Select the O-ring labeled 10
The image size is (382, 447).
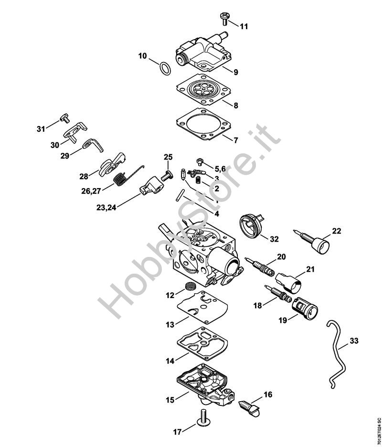[164, 68]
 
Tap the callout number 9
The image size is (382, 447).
[236, 72]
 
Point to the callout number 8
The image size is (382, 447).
[236, 106]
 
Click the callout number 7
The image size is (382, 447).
[236, 140]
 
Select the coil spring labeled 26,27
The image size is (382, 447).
[120, 180]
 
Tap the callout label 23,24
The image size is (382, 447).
[106, 208]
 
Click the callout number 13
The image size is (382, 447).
[170, 324]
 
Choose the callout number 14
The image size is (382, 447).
[170, 361]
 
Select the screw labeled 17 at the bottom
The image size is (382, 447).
[203, 426]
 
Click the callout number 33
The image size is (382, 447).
[354, 341]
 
